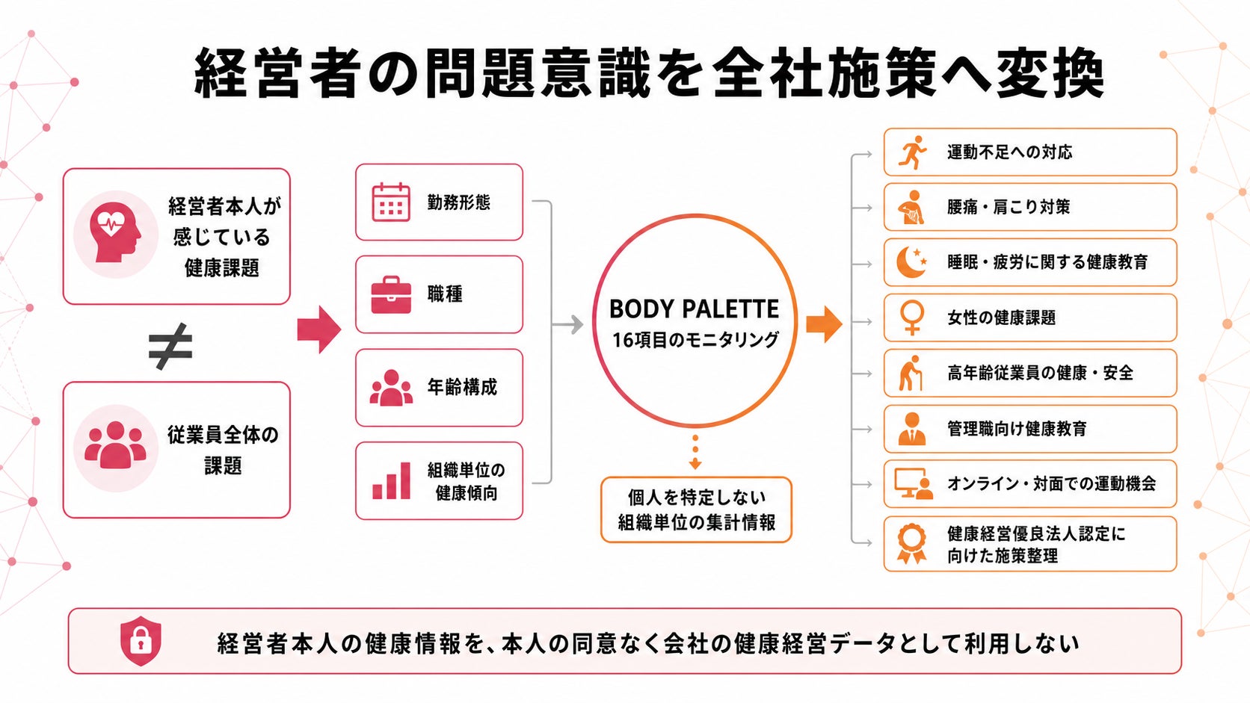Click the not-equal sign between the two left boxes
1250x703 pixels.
(170, 346)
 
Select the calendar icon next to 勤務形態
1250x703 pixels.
(391, 202)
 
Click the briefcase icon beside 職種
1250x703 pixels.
(391, 294)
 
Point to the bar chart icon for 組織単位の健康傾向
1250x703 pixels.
(391, 480)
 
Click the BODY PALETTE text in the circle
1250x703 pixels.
(694, 309)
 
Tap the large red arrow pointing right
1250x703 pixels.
(318, 329)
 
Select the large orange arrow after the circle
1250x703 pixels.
(824, 324)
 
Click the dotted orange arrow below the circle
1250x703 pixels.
(695, 452)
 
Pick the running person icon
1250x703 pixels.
(912, 152)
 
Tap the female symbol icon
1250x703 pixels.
(912, 318)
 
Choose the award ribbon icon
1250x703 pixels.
(912, 544)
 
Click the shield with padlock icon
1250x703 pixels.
(141, 641)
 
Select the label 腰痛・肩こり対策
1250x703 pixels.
(1009, 207)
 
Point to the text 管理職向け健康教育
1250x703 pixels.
(1017, 429)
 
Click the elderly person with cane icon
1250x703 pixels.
(911, 373)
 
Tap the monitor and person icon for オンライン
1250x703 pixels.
(913, 483)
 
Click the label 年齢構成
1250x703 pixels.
(462, 387)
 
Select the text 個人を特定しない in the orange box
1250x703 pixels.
(697, 497)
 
